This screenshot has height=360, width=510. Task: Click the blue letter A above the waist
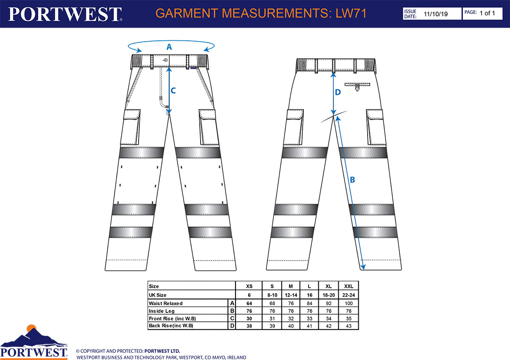coord(169,47)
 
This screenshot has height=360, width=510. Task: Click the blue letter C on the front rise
coord(173,91)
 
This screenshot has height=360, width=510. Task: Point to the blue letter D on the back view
coord(337,92)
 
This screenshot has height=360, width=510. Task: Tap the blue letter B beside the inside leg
coord(352,180)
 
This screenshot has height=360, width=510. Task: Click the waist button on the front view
coord(166,60)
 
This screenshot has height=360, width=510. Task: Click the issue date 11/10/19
coord(436,14)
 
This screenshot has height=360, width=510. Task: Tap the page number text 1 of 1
coord(487,13)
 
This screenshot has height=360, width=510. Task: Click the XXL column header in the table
coord(348,286)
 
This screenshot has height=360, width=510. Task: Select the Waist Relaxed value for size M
coord(291,303)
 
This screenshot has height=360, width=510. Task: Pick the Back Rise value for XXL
coord(348,326)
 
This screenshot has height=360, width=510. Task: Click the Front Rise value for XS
coord(249,318)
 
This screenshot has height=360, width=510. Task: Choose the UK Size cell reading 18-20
coord(329,295)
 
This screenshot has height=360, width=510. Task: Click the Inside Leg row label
coord(161,311)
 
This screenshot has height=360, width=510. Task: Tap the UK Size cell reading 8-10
coord(272,295)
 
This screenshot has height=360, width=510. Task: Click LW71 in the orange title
coord(351,13)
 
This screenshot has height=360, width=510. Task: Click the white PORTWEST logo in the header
coord(65,14)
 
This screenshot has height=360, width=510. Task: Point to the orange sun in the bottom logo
coord(31,328)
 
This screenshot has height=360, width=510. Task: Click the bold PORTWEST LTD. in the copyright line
coord(162,351)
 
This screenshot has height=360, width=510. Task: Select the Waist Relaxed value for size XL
coord(329,303)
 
